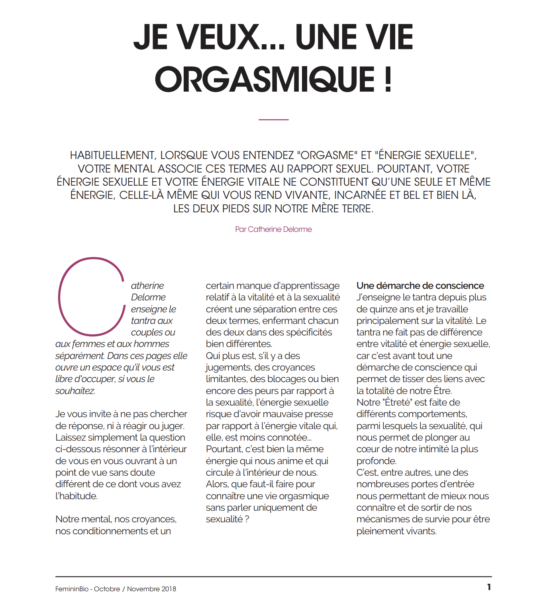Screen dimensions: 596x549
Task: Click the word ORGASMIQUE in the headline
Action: (265, 79)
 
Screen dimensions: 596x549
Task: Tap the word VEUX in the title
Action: (218, 37)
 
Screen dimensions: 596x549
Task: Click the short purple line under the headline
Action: (273, 120)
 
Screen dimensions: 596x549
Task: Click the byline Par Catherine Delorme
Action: (273, 229)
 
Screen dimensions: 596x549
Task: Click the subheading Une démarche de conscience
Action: (420, 286)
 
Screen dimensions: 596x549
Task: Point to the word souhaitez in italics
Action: (75, 391)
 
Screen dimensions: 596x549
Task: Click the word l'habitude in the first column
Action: (76, 496)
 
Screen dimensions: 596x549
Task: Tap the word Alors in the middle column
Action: (217, 484)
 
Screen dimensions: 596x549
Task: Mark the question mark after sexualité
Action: (247, 520)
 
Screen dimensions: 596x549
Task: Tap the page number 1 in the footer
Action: (489, 587)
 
